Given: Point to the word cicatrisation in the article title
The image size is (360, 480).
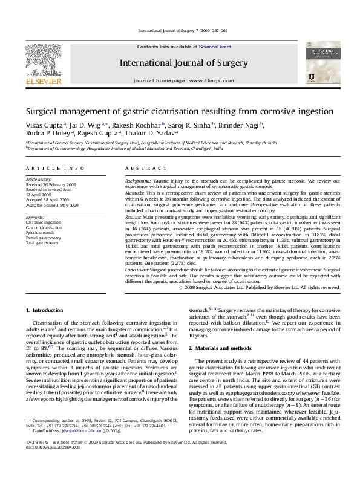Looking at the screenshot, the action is [x=190, y=112].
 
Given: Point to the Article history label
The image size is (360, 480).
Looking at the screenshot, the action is [x=39, y=180].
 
